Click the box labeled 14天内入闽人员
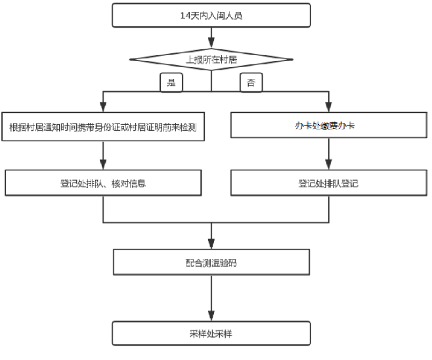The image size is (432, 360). pyautogui.click(x=211, y=16)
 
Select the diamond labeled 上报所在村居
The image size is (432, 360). pyautogui.click(x=211, y=60)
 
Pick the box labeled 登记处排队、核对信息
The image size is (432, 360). pyautogui.click(x=104, y=183)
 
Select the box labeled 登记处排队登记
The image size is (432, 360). pyautogui.click(x=328, y=183)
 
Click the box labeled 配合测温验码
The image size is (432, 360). pyautogui.click(x=211, y=262)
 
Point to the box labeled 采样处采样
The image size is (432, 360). pyautogui.click(x=211, y=334)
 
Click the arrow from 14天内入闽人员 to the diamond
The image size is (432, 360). pyautogui.click(x=211, y=38)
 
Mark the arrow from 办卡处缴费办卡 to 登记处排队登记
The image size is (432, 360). pyautogui.click(x=328, y=154)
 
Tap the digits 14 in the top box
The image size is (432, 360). pyautogui.click(x=184, y=16)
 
